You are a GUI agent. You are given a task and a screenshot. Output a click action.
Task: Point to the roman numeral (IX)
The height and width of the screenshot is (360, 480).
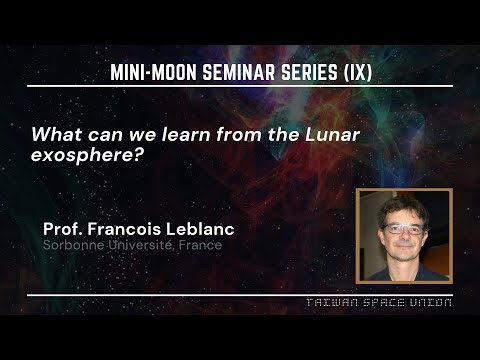[355, 72]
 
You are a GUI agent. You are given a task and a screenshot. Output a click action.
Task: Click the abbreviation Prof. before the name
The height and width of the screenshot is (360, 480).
[63, 228]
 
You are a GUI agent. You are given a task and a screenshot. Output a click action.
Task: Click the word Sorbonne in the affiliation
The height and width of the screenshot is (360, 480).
[72, 244]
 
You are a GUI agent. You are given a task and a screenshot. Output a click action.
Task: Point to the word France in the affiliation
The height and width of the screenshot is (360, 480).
[200, 244]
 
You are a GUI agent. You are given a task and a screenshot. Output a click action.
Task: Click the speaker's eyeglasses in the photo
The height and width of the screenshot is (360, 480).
[404, 228]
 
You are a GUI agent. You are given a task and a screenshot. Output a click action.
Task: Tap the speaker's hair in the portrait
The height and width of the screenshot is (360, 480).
[404, 204]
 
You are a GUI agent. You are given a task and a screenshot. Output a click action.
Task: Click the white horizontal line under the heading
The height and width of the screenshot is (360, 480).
[240, 86]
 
